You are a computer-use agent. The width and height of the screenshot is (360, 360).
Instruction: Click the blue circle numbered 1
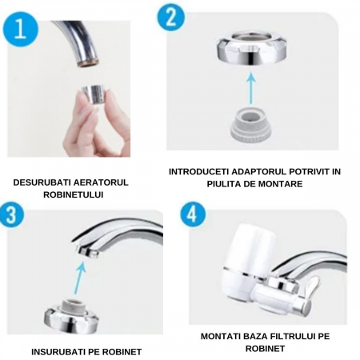click(x=21, y=30)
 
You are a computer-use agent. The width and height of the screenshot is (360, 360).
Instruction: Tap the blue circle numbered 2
click(x=171, y=18)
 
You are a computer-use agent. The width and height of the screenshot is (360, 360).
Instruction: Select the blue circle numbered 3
click(x=11, y=214)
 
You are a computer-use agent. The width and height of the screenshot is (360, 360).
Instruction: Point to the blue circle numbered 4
click(x=193, y=214)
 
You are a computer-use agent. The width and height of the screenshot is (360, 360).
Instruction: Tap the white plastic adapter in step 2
click(x=250, y=125)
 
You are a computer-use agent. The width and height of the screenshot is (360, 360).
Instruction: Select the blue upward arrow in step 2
click(x=250, y=88)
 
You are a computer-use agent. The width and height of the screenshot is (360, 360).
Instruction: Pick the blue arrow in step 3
click(x=80, y=278)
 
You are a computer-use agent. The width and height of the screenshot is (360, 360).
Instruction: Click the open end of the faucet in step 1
click(x=88, y=64)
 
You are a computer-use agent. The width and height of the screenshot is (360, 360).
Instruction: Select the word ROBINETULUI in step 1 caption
click(x=74, y=194)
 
